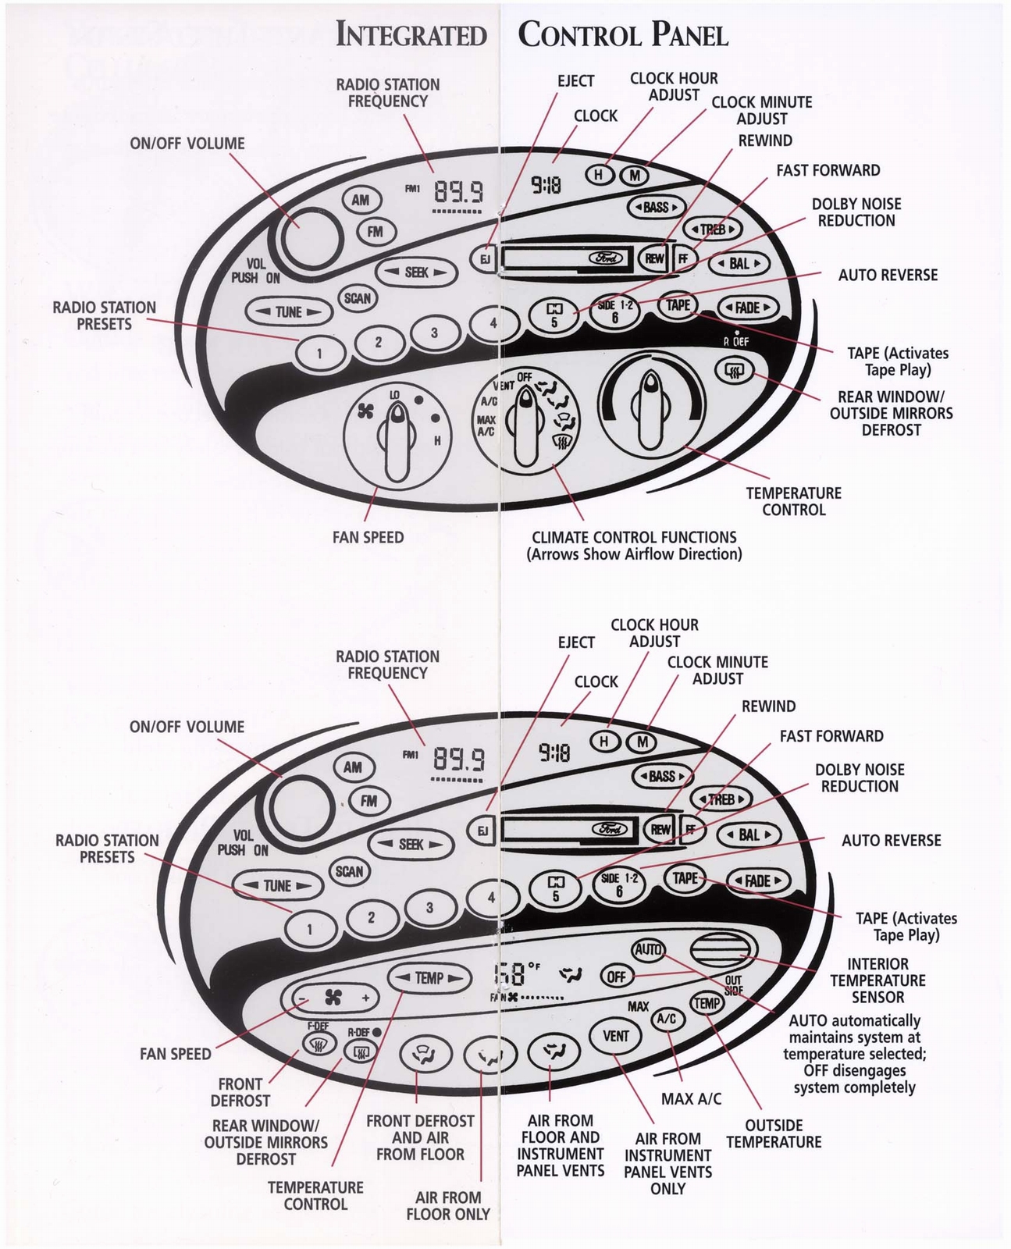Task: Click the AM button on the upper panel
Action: (x=360, y=200)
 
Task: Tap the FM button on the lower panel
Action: (x=368, y=800)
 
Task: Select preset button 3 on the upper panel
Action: (x=434, y=333)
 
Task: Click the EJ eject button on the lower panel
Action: (x=482, y=831)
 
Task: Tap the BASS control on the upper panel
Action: (x=657, y=207)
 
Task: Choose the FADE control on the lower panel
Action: (x=757, y=881)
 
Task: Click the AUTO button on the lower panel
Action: (x=648, y=949)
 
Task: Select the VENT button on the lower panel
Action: (x=616, y=1035)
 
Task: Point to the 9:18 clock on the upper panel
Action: (x=546, y=184)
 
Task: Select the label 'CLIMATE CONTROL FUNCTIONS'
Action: (x=633, y=537)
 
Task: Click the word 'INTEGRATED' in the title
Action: (x=411, y=35)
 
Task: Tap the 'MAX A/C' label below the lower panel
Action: (x=691, y=1098)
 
